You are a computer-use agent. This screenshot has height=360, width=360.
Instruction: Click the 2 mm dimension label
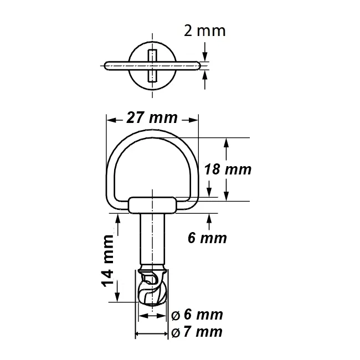pos(204,30)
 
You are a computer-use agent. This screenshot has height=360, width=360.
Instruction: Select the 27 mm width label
pos(152,118)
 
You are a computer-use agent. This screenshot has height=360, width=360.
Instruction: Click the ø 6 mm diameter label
pos(197,315)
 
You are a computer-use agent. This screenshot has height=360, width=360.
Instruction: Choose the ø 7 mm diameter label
pos(197,332)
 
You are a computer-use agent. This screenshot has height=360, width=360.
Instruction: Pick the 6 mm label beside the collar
pos(207,238)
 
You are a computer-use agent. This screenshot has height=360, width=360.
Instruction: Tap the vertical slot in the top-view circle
pos(152,66)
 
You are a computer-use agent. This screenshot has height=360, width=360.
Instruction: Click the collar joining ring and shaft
pos(152,205)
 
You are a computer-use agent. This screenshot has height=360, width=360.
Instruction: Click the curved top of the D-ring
pos(152,133)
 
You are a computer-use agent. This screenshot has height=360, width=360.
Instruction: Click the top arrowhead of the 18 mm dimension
pos(226,142)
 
